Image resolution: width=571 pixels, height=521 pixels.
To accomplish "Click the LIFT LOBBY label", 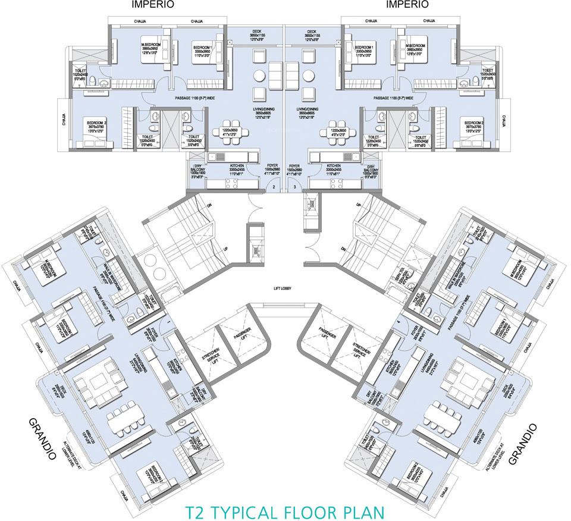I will [x=285, y=290].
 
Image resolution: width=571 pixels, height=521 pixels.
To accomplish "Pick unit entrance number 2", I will [x=274, y=187].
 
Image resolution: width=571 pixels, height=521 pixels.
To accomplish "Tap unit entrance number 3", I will [x=295, y=187].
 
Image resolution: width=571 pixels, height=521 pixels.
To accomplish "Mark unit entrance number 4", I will [x=399, y=322].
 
